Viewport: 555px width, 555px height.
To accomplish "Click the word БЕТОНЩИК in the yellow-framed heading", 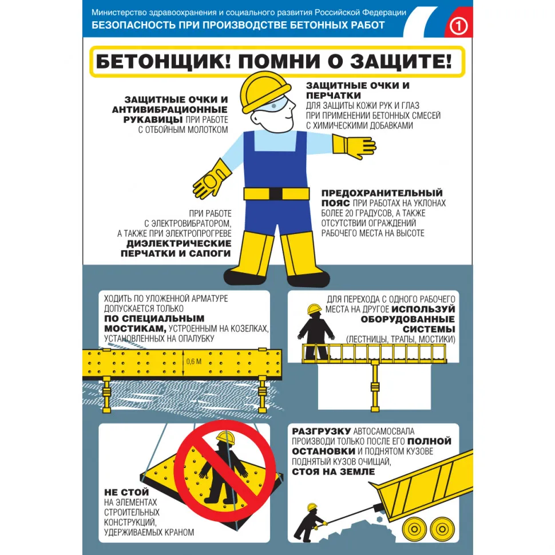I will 162,61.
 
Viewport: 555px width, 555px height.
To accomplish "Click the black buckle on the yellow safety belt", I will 276,193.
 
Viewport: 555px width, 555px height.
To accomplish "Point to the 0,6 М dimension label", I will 194,361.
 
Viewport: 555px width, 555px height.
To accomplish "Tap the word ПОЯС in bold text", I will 336,203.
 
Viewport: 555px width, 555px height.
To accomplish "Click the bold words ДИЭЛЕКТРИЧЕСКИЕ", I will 178,243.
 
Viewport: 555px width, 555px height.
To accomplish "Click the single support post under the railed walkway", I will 375,387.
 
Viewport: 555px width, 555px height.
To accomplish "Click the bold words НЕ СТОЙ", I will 126,491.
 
